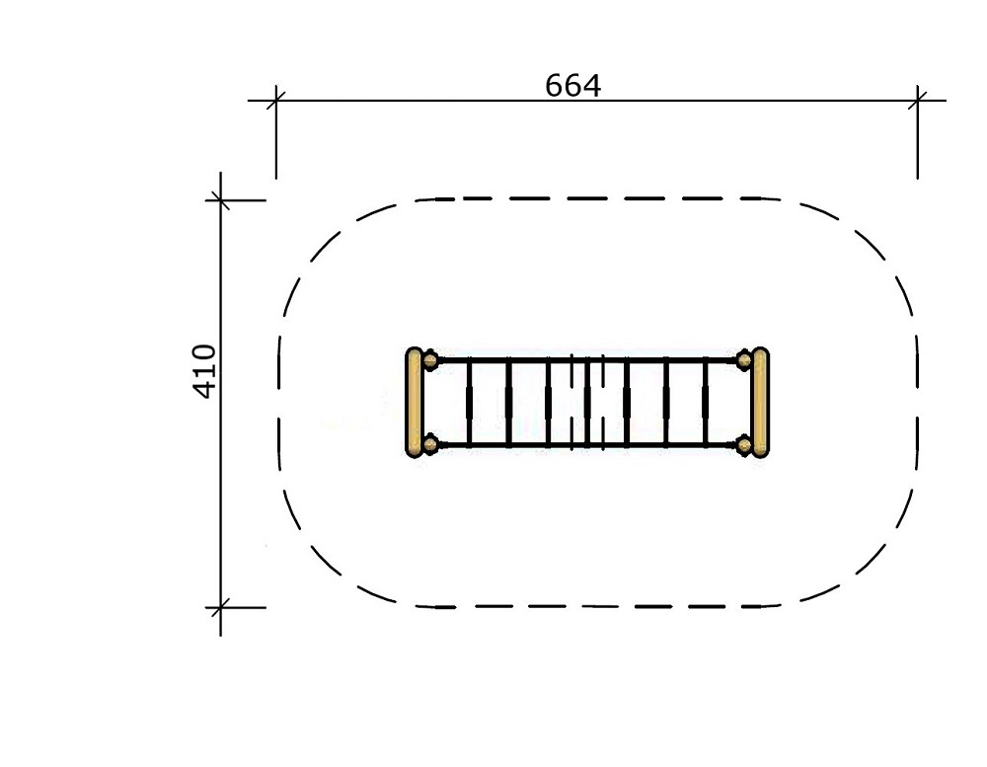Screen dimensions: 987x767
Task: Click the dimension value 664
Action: [572, 86]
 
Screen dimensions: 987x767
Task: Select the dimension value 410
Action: [204, 371]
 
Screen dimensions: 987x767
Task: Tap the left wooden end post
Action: [414, 403]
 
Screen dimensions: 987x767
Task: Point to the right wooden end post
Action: [760, 403]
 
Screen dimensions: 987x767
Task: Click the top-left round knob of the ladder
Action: [430, 360]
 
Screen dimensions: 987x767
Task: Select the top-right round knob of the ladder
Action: [744, 360]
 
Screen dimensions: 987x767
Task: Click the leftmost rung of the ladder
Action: [469, 403]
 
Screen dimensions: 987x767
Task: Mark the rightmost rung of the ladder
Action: [706, 403]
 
